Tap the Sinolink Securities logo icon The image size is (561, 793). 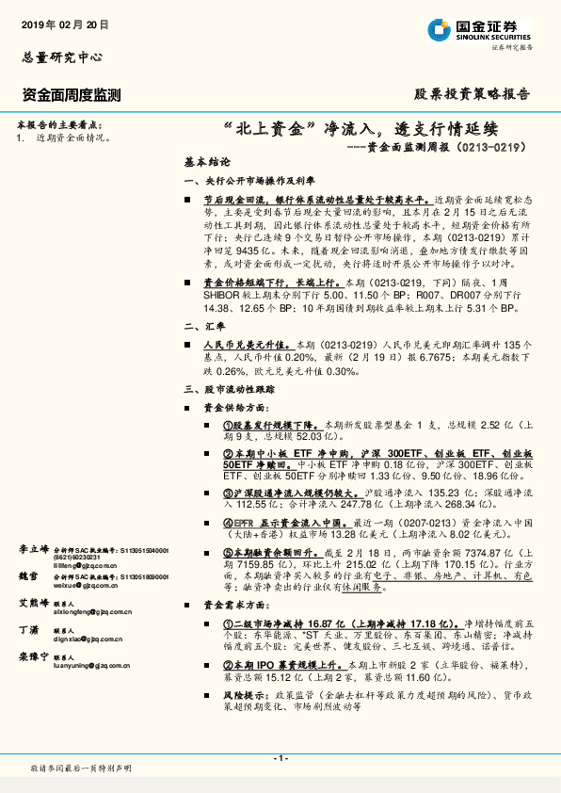point(441,29)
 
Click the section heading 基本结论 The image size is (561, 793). point(207,162)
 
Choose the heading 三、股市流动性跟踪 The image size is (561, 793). point(232,388)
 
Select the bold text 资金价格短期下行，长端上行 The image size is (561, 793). point(273,282)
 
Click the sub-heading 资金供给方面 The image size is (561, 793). point(236,407)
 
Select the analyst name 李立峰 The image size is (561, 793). point(31,547)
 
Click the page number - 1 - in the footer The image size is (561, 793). point(280,758)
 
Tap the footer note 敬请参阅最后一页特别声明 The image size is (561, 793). point(80,769)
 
